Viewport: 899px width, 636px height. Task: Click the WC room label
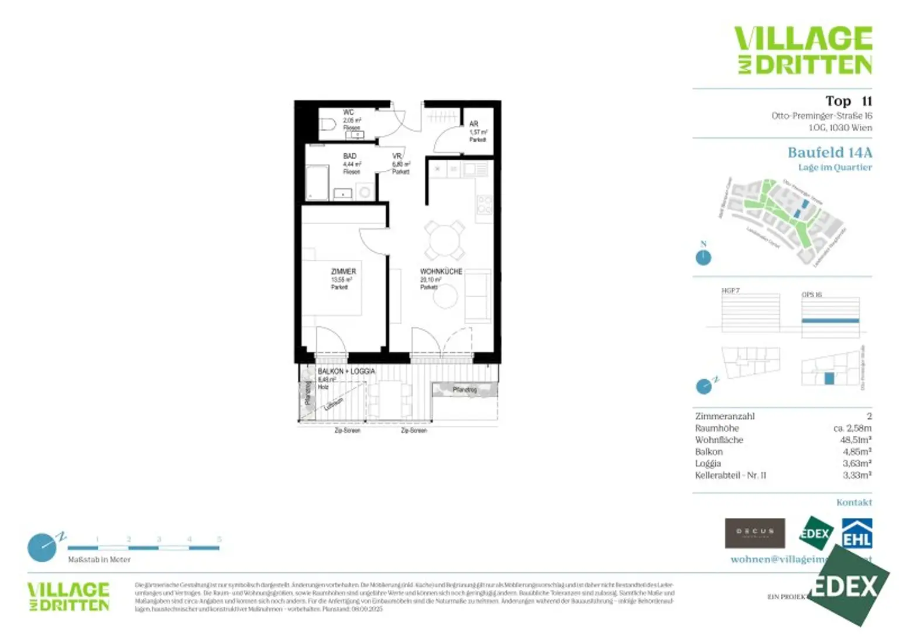pyautogui.click(x=348, y=112)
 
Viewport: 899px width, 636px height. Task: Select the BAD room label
pyautogui.click(x=350, y=156)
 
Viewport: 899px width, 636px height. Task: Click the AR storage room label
pyautogui.click(x=474, y=124)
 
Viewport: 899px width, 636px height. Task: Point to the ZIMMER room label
pyautogui.click(x=343, y=271)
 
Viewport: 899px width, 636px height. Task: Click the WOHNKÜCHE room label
pyautogui.click(x=441, y=271)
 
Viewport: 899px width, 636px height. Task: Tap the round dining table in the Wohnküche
pyautogui.click(x=444, y=240)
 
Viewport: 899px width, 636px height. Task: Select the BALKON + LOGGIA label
pyautogui.click(x=346, y=372)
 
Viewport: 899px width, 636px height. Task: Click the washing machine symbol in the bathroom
pyautogui.click(x=365, y=192)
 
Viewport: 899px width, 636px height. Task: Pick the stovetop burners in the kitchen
pyautogui.click(x=485, y=205)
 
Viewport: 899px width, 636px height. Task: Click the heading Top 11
pyautogui.click(x=848, y=101)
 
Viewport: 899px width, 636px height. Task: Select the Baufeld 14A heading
pyautogui.click(x=829, y=153)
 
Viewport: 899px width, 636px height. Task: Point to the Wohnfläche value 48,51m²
pyautogui.click(x=856, y=440)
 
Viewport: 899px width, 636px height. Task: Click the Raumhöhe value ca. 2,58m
pyautogui.click(x=852, y=428)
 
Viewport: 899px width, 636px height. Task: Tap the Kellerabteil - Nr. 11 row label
pyautogui.click(x=730, y=475)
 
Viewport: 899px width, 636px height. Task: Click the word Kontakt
pyautogui.click(x=854, y=502)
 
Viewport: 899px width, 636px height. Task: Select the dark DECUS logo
pyautogui.click(x=754, y=532)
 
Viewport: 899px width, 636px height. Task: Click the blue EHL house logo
pyautogui.click(x=857, y=533)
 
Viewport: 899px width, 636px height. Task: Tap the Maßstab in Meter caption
pyautogui.click(x=99, y=559)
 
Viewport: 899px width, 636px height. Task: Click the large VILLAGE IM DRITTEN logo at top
pyautogui.click(x=803, y=50)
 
